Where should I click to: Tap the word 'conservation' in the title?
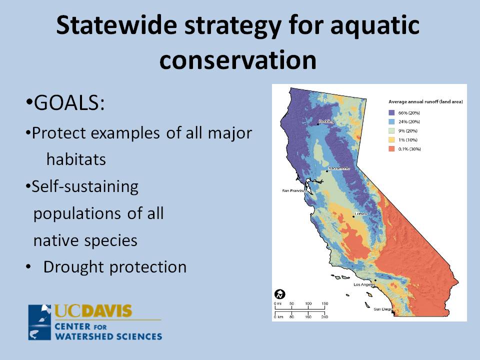(x=238, y=59)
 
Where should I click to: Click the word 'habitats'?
(x=76, y=159)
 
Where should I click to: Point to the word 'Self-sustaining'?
(x=85, y=187)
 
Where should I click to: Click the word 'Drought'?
(x=74, y=267)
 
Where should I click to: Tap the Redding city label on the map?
(x=326, y=121)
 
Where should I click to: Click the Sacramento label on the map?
(x=339, y=168)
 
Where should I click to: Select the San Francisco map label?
(x=294, y=190)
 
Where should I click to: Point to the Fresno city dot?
(x=353, y=216)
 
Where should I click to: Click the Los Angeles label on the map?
(x=364, y=284)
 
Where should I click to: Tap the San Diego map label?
(x=382, y=309)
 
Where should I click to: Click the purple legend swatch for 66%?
(x=391, y=112)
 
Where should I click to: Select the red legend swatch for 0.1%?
(x=391, y=149)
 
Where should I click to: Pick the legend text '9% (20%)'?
(x=408, y=130)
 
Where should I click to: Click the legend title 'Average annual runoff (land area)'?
(x=425, y=101)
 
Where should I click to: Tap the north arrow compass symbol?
(x=280, y=294)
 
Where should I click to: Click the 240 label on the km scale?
(x=324, y=317)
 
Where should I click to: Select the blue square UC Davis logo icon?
(x=39, y=322)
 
